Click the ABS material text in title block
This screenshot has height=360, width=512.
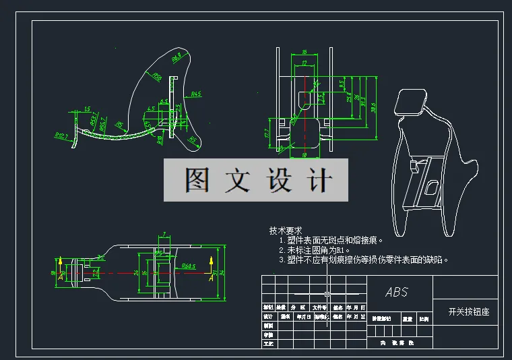click(x=397, y=293)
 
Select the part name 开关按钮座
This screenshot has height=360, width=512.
click(x=468, y=312)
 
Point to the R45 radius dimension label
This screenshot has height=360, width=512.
click(x=197, y=94)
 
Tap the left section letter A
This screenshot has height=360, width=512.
click(x=61, y=276)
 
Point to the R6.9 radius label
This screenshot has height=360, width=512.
click(x=177, y=60)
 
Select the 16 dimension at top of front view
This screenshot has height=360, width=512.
click(x=305, y=51)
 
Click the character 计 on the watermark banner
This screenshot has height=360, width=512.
click(x=319, y=180)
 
